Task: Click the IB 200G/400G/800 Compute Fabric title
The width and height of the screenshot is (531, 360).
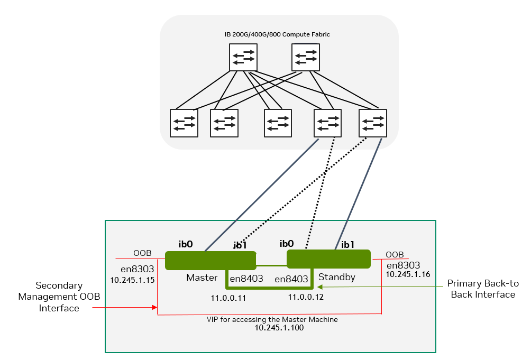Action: pyautogui.click(x=277, y=34)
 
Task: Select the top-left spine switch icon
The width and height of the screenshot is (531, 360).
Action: pyautogui.click(x=243, y=57)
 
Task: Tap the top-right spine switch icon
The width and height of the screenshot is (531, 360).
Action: pyautogui.click(x=306, y=57)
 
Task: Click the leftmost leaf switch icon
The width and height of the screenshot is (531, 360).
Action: pyautogui.click(x=184, y=123)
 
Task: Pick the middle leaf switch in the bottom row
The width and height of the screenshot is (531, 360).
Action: pyautogui.click(x=278, y=123)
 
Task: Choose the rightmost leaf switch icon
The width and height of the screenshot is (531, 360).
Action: pyautogui.click(x=372, y=123)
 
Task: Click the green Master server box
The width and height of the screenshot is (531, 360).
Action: pyautogui.click(x=210, y=260)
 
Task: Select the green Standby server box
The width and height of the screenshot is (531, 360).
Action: pyautogui.click(x=328, y=259)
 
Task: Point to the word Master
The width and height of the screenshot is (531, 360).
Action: pyautogui.click(x=202, y=278)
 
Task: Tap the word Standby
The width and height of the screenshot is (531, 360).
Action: pyautogui.click(x=336, y=276)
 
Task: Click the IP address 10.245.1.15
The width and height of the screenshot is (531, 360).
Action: pyautogui.click(x=132, y=280)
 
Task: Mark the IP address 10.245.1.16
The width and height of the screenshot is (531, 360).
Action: pyautogui.click(x=408, y=275)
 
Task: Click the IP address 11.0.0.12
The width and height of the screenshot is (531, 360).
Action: pyautogui.click(x=306, y=297)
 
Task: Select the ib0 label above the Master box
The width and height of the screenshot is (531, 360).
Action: pyautogui.click(x=186, y=244)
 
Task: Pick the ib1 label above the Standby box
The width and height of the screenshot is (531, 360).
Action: pyautogui.click(x=349, y=244)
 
